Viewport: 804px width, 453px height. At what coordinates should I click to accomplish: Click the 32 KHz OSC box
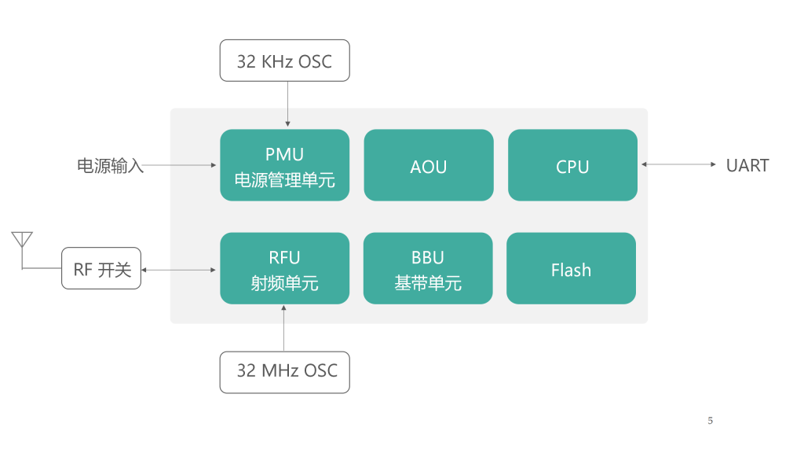pos(284,61)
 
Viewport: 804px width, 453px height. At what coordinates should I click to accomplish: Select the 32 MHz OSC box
pos(284,372)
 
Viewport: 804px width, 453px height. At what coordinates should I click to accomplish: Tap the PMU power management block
pos(284,165)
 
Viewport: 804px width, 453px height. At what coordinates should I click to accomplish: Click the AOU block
pos(429,165)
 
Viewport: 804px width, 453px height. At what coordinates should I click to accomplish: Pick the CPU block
pos(572,165)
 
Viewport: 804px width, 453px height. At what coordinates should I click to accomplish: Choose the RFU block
pos(284,268)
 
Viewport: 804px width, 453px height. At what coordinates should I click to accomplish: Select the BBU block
pos(428,268)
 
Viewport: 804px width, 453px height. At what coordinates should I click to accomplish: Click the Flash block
pos(572,268)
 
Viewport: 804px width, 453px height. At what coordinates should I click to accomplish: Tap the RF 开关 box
pos(101,268)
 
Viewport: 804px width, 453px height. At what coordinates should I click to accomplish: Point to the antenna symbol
pos(22,241)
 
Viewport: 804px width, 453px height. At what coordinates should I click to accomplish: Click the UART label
pos(747,165)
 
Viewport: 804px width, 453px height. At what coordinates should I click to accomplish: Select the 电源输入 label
pos(110,165)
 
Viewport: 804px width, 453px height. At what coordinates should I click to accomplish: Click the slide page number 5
pos(710,421)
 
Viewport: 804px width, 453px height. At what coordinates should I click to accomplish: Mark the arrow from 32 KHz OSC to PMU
pos(287,104)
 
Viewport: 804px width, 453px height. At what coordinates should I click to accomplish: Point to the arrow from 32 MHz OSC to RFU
pos(283,328)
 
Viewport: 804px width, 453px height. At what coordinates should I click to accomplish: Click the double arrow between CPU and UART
pos(679,164)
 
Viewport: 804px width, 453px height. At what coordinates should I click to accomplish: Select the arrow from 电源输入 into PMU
pos(179,165)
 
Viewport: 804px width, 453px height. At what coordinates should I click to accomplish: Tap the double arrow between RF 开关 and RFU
pos(178,270)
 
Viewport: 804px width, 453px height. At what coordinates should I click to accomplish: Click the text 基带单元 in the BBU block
pos(428,283)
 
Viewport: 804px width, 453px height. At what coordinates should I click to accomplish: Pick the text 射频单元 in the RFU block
pos(284,283)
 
